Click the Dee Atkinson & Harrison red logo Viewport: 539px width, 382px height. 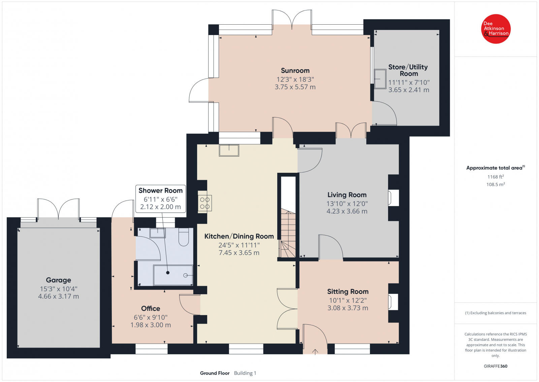tap(496, 29)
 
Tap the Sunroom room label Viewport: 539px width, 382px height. tap(295, 71)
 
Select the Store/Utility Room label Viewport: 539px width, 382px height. tap(408, 70)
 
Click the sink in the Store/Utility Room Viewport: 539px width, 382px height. tap(380, 79)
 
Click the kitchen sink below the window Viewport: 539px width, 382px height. tap(229, 150)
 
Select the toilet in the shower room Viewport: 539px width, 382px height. tap(184, 237)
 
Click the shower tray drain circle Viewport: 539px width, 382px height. tap(186, 275)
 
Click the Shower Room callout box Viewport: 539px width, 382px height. tap(161, 198)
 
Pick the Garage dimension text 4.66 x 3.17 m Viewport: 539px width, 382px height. tap(59, 296)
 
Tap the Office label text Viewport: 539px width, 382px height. tap(151, 308)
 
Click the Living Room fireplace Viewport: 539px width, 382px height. tap(393, 198)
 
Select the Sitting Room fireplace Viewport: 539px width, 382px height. tap(393, 302)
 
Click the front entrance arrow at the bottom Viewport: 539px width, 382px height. tap(315, 352)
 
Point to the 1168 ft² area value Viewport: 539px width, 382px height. tap(496, 176)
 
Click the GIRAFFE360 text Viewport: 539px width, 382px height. tap(496, 366)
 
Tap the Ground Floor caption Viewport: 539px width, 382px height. tap(215, 373)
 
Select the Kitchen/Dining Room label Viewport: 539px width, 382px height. tap(239, 236)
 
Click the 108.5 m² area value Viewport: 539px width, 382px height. tap(496, 184)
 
